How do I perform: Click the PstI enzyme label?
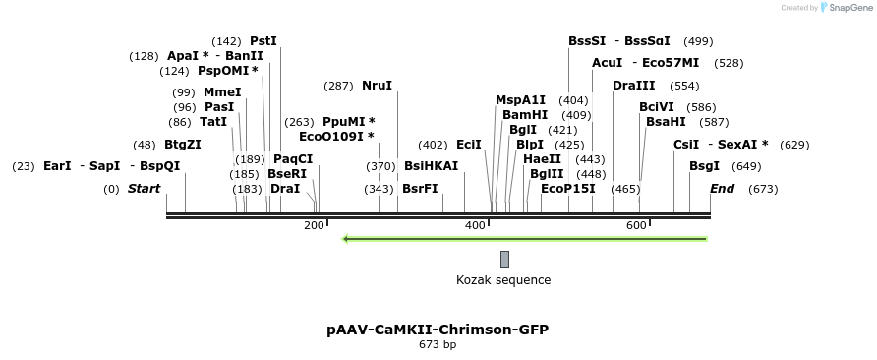coord(263,41)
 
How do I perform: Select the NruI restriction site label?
coord(377,86)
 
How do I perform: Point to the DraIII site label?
coord(633,86)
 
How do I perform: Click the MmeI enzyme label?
coord(222,92)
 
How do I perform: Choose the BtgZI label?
coord(183,145)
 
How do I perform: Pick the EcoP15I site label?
coord(568,189)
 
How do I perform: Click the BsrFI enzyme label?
coord(420,189)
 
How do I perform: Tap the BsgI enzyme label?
coord(704,166)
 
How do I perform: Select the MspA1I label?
coord(520,100)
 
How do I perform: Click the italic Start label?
coord(145,189)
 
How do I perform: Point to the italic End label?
coord(722,189)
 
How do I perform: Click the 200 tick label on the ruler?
coord(314,226)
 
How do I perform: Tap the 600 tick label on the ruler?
coord(636,226)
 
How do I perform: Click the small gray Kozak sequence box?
coord(504,259)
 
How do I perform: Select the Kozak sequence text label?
coord(503,280)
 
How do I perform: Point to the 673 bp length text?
coord(438,345)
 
